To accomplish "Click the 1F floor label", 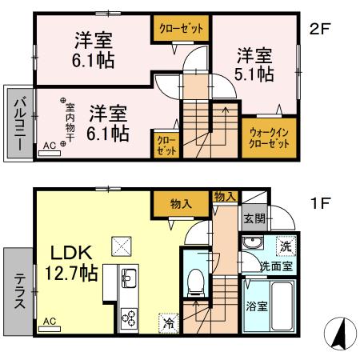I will tap(320, 203).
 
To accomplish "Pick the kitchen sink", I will tap(129, 279).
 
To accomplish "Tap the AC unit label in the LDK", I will tap(49, 321).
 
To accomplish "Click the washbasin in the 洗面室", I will tap(254, 244).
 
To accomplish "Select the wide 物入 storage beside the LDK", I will tap(182, 205).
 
